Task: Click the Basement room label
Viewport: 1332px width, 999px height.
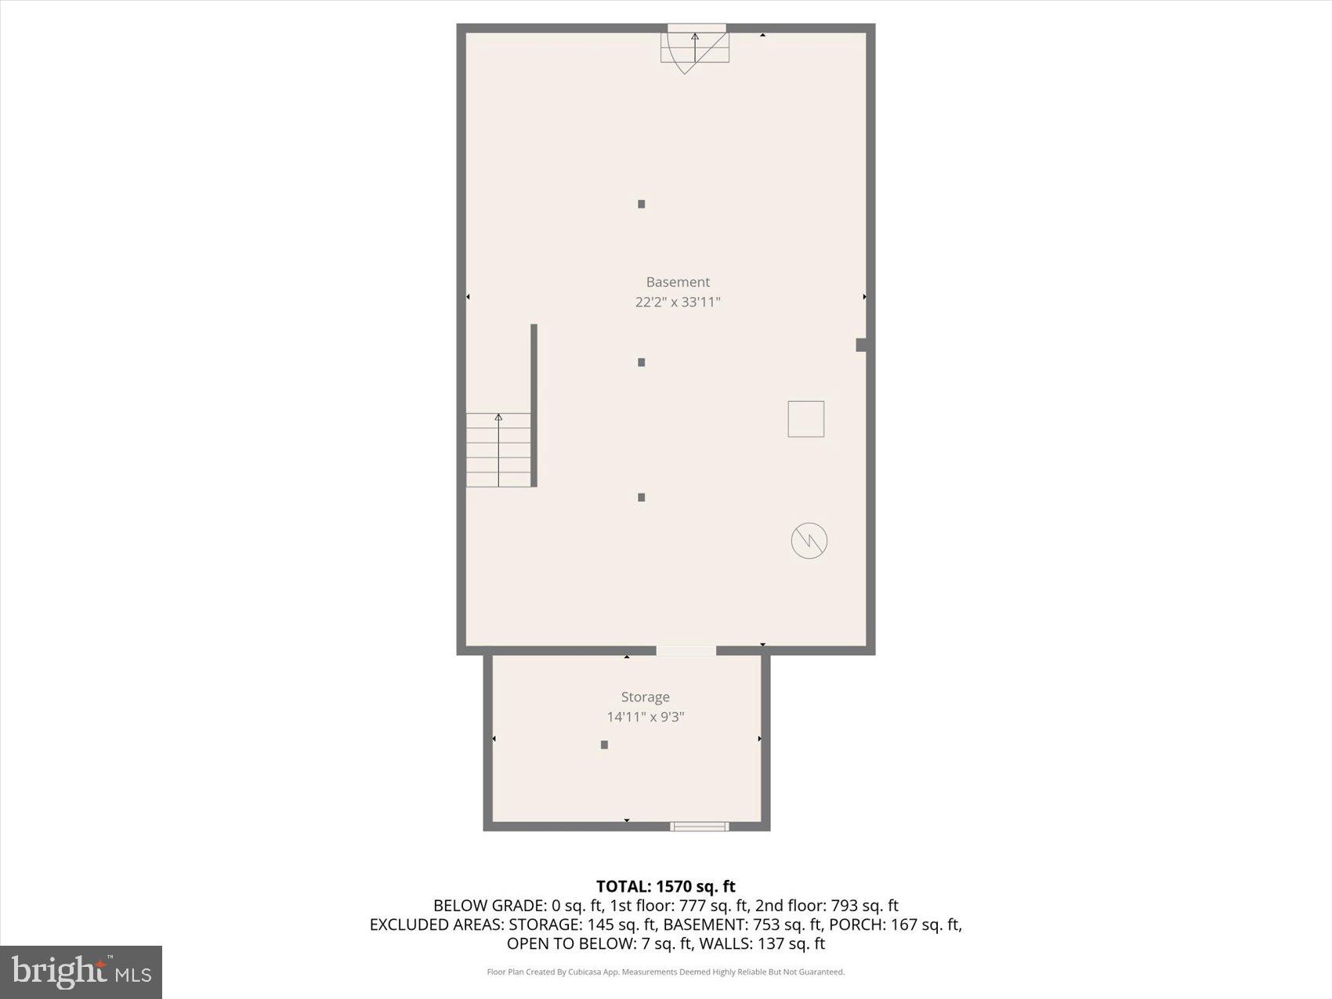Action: point(678,282)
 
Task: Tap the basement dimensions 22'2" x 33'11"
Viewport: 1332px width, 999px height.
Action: point(678,302)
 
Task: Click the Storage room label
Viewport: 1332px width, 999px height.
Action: point(645,697)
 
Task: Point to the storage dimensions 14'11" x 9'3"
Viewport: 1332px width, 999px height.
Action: point(645,717)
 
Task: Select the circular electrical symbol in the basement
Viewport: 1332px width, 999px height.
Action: point(809,541)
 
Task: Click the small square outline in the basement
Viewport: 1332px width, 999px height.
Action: point(805,418)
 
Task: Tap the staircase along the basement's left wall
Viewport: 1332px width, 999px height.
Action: point(498,450)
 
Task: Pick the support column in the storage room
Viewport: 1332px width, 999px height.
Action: point(604,744)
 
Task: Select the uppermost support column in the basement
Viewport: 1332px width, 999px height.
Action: point(641,204)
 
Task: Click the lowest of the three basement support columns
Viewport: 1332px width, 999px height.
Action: point(641,497)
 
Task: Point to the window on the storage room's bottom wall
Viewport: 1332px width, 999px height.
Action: point(699,826)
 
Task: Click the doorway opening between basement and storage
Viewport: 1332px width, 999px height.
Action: point(686,650)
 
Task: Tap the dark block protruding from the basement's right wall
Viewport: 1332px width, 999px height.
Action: point(860,345)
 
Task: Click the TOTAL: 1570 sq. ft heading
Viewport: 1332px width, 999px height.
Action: point(665,886)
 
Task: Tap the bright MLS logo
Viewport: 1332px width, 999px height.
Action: point(81,972)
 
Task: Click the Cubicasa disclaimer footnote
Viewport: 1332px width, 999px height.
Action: point(665,972)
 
